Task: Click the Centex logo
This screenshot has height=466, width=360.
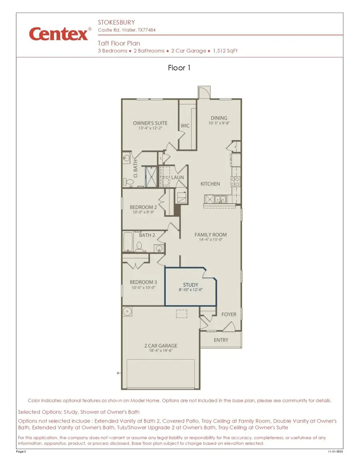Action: [x=58, y=34]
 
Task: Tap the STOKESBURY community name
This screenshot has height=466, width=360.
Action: [x=116, y=22]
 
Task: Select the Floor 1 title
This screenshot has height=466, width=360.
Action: [x=179, y=68]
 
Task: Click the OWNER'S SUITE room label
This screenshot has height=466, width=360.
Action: [x=150, y=123]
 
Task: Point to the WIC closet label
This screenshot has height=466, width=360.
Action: [x=185, y=126]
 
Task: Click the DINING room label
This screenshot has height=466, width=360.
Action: [x=219, y=118]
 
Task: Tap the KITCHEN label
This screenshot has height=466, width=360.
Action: [x=210, y=184]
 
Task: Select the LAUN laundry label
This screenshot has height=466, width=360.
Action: [x=178, y=177]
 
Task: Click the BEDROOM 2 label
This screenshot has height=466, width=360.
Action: [x=143, y=207]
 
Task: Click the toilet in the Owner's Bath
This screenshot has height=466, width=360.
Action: [x=129, y=182]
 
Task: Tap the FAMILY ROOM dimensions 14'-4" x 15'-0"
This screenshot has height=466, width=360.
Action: [x=210, y=240]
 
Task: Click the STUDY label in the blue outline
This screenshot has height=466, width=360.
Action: [x=191, y=285]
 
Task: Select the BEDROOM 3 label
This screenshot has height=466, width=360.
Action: [x=143, y=282]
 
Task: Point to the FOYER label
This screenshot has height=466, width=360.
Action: [x=229, y=315]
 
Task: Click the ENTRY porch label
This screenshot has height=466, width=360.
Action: [x=221, y=340]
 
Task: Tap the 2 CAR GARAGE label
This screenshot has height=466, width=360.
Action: [x=160, y=346]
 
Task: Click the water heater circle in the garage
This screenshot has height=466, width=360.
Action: [x=128, y=311]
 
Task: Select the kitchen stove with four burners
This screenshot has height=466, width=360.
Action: [x=235, y=182]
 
